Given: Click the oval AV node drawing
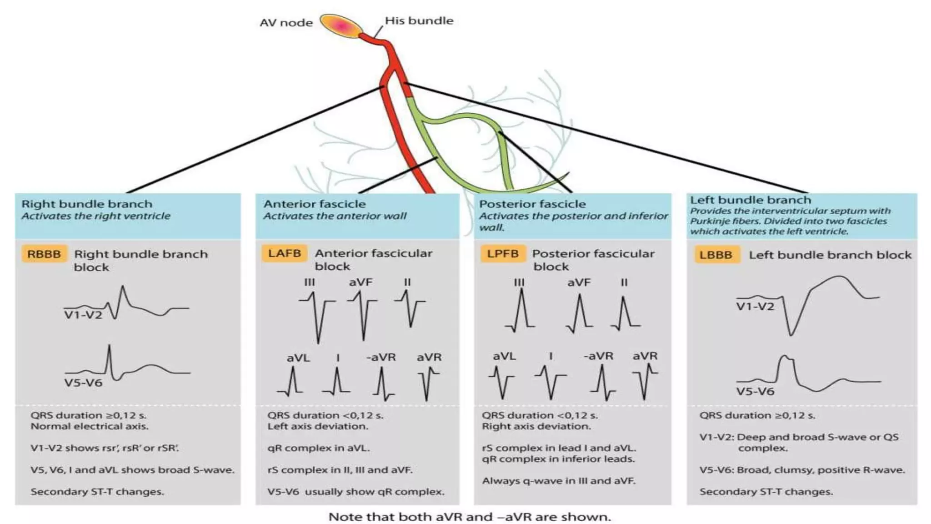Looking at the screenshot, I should click(341, 26).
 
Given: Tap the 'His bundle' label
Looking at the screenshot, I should click(419, 21).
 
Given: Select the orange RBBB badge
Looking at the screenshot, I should click(44, 254).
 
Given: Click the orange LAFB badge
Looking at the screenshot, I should click(285, 253).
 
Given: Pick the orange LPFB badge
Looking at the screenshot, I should click(503, 253).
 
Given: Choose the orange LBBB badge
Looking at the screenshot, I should click(716, 255).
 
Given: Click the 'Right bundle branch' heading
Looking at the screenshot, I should click(87, 204).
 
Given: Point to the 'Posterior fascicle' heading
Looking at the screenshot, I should click(532, 204).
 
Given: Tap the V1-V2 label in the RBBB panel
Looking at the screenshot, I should click(83, 315).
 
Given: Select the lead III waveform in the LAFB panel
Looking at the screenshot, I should click(317, 316).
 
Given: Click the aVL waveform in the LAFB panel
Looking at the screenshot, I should click(292, 382).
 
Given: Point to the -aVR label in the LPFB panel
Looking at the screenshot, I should click(598, 356).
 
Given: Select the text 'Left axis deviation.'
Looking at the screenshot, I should click(318, 427).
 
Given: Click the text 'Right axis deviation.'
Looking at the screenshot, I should click(536, 427).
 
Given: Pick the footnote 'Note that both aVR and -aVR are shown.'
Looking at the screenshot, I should click(470, 517).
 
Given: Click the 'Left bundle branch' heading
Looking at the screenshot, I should click(750, 200).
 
